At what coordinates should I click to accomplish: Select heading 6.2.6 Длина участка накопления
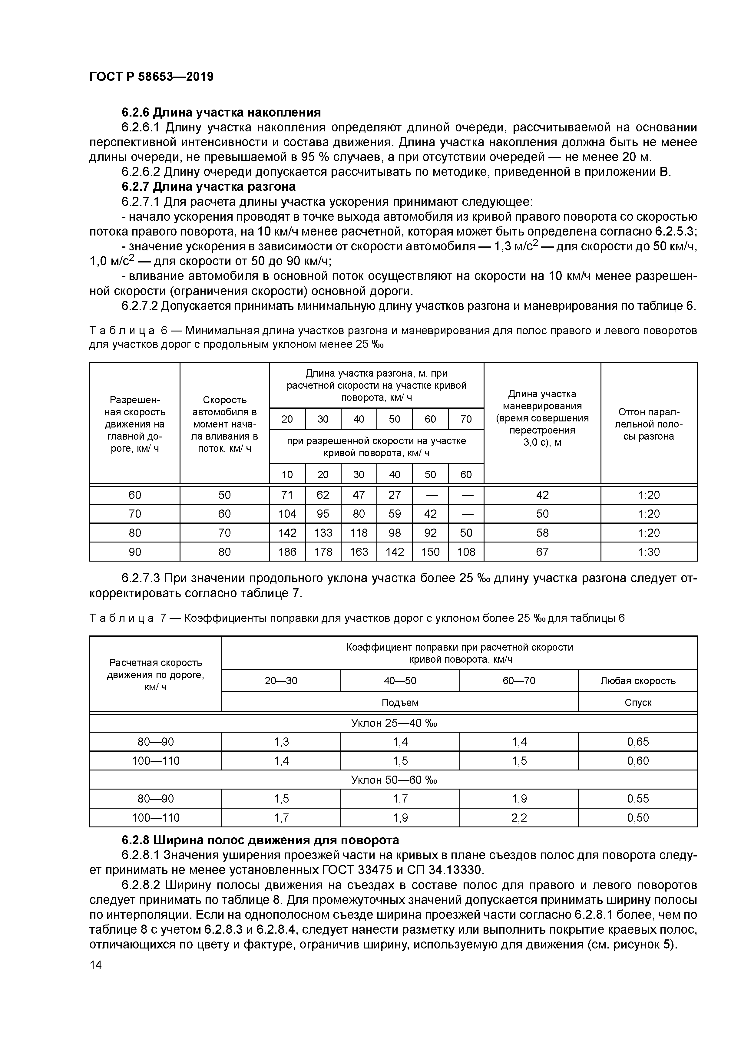click(x=221, y=112)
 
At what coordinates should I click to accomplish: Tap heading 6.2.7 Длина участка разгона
click(x=208, y=186)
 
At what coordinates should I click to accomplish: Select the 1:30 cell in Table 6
click(x=649, y=552)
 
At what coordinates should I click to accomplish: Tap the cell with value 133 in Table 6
click(x=323, y=533)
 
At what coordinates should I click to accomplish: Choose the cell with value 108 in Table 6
click(x=466, y=552)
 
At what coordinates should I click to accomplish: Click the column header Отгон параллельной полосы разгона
click(x=649, y=424)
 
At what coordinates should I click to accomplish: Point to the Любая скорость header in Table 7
click(x=638, y=681)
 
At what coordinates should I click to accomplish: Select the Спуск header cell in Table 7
click(x=638, y=703)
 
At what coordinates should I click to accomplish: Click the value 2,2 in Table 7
click(x=519, y=818)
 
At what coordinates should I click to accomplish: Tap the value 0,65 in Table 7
click(x=638, y=742)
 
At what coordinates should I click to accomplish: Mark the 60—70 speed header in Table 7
click(x=519, y=681)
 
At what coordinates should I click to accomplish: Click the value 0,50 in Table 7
click(x=638, y=818)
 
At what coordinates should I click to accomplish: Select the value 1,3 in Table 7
click(x=281, y=742)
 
